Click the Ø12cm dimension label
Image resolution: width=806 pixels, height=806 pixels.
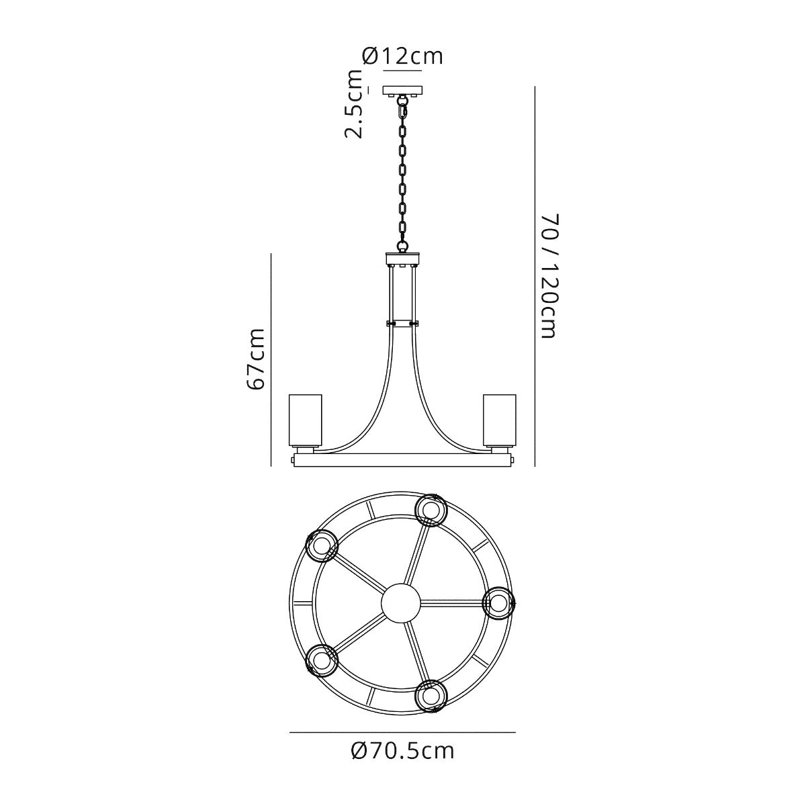(402, 56)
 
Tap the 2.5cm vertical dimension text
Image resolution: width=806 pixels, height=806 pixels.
(353, 103)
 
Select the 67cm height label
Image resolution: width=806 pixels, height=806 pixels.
(255, 359)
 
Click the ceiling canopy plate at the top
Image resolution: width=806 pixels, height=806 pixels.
(403, 91)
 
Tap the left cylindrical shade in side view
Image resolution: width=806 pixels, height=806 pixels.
(306, 420)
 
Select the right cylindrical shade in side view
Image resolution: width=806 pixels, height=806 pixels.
(500, 420)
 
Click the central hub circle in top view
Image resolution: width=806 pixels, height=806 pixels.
(401, 602)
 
